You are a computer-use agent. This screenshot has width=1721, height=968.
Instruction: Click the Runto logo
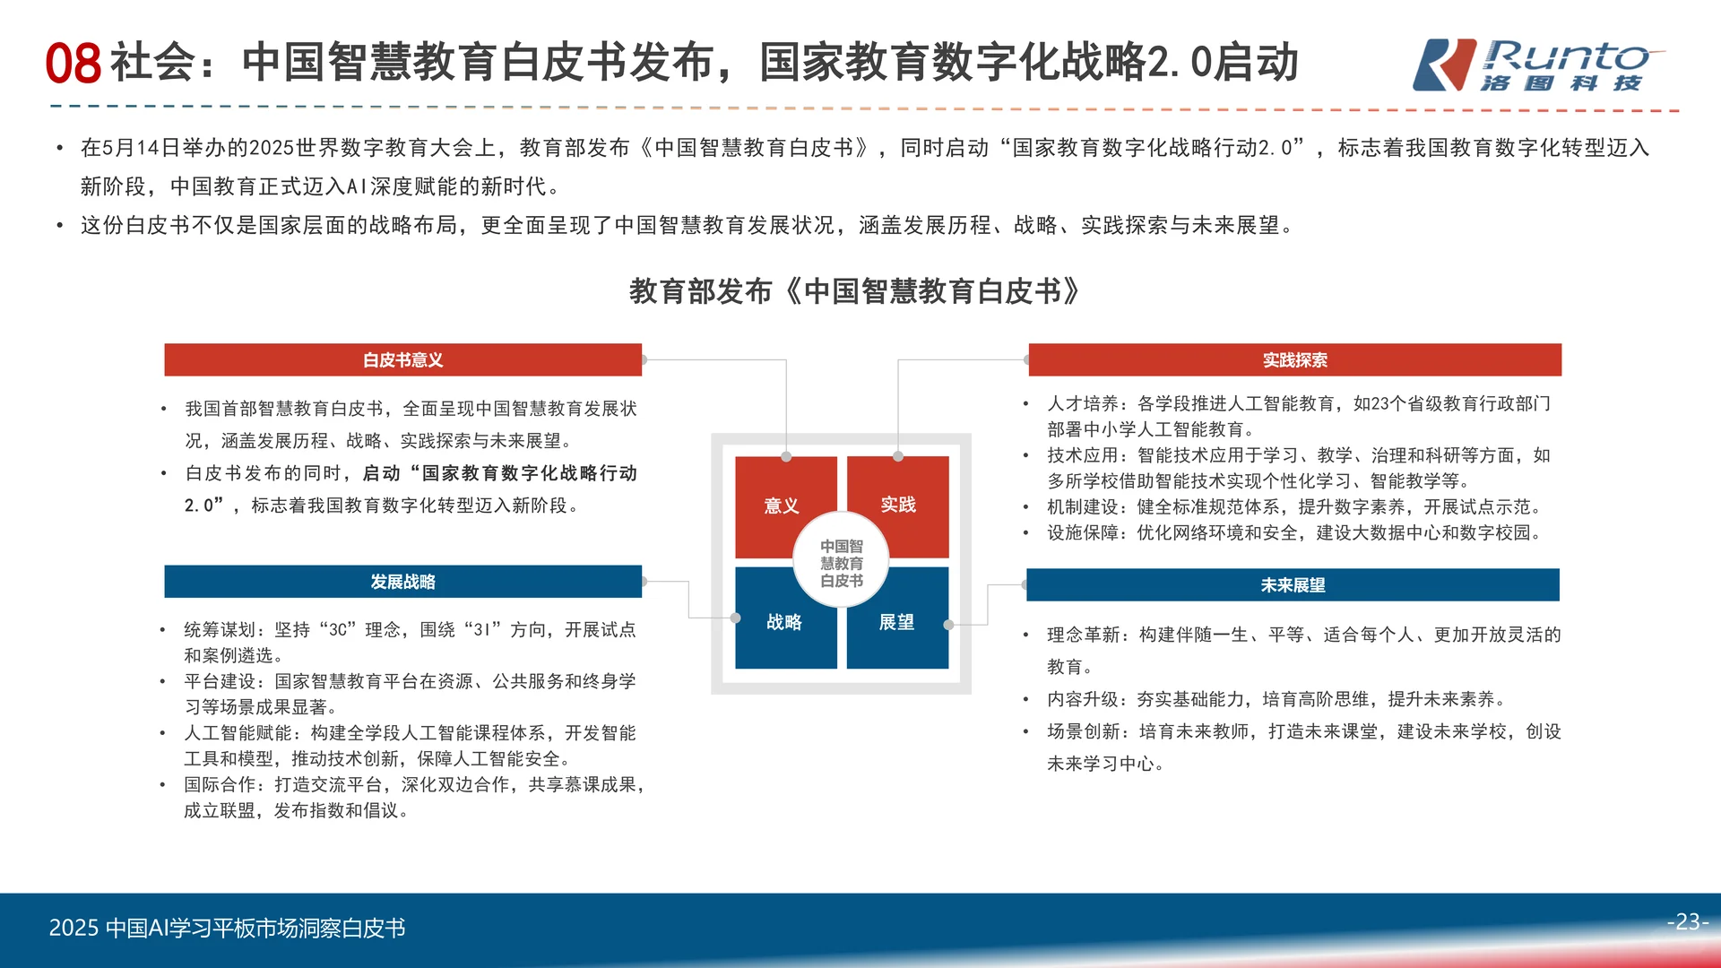tap(1536, 65)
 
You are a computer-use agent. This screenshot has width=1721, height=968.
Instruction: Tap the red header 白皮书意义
tap(402, 360)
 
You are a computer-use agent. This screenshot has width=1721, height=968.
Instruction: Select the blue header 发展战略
tap(402, 582)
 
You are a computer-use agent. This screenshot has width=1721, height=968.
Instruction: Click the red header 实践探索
tap(1294, 360)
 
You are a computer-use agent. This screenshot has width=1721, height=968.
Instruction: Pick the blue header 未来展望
tap(1293, 585)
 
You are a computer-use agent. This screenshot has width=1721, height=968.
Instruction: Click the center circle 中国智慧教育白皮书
tap(841, 563)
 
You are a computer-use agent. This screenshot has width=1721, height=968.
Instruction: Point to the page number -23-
tap(1688, 921)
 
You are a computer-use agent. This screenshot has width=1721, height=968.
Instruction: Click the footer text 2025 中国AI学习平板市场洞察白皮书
tap(227, 928)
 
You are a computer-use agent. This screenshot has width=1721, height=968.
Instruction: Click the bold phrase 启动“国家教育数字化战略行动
tap(499, 473)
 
